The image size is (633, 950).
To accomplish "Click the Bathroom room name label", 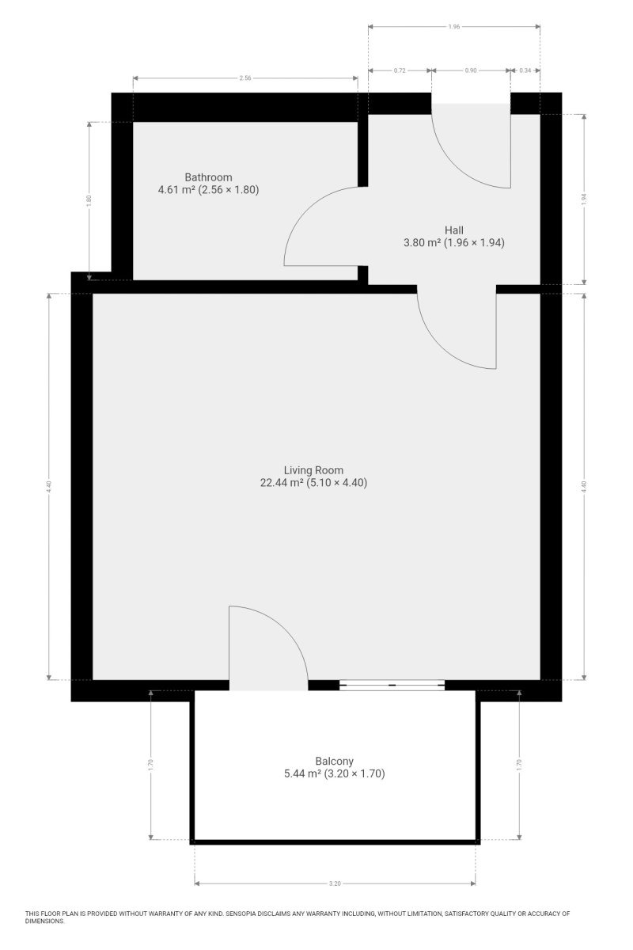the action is point(208,177).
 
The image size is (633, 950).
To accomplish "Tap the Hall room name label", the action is point(453,230).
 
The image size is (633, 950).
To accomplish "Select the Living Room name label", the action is point(313,470).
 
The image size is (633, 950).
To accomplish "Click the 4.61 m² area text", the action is point(176,189).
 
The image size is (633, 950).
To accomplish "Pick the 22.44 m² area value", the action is point(282,483).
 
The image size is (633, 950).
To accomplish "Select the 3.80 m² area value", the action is point(422,242).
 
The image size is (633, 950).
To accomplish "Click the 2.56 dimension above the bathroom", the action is point(245,78).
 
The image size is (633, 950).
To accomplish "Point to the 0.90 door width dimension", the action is point(471,70).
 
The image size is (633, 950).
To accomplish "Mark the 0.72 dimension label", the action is point(400,70).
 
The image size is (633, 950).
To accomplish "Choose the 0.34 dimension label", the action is point(525,70).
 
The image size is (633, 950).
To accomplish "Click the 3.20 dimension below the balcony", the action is point(335,883).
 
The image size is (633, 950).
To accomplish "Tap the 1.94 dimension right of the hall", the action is point(584,199).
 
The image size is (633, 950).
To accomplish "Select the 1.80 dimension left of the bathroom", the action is point(89,200).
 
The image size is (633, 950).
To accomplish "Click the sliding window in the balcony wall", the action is point(392,685).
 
